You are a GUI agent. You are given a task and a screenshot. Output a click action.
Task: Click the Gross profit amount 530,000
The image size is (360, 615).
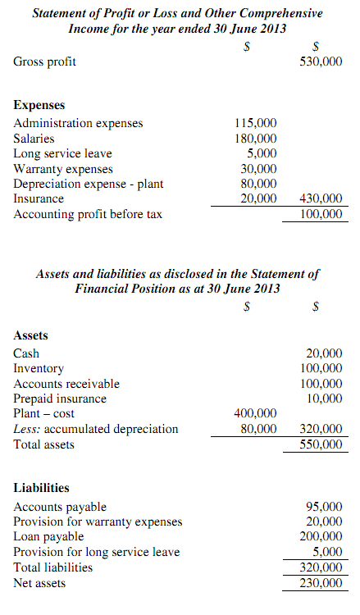(321, 61)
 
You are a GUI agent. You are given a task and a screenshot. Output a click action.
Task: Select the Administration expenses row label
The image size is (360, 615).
(78, 123)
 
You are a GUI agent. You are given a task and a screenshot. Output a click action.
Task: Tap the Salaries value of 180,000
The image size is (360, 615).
(256, 139)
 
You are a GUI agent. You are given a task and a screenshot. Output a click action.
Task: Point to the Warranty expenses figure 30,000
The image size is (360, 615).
(259, 169)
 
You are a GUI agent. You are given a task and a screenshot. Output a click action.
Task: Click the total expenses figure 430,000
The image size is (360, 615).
(321, 198)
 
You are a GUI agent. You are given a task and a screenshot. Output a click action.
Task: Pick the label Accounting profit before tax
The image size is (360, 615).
(88, 214)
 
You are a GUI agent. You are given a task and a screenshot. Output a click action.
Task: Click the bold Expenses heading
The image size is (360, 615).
(39, 106)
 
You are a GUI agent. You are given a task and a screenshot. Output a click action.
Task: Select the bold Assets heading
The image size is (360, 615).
(31, 335)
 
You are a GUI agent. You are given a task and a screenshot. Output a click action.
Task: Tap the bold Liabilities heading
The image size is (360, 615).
(41, 488)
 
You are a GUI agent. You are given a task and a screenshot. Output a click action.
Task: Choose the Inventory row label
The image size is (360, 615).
(39, 369)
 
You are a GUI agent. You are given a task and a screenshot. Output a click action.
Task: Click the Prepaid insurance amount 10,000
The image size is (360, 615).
(325, 399)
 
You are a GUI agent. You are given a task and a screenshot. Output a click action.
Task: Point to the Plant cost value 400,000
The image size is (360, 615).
(256, 413)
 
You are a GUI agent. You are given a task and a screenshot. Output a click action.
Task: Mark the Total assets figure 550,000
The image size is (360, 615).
(321, 444)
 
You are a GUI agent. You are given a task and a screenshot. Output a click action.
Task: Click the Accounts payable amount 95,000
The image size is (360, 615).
(325, 507)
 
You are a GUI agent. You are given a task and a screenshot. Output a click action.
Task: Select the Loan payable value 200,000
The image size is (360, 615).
(321, 537)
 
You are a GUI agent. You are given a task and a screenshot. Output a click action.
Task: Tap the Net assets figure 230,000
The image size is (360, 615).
(321, 583)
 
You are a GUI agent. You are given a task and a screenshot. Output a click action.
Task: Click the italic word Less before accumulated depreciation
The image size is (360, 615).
(26, 429)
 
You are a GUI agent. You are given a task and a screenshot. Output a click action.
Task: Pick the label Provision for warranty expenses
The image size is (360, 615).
(98, 522)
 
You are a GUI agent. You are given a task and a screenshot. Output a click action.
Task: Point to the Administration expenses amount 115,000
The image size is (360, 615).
(256, 123)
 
